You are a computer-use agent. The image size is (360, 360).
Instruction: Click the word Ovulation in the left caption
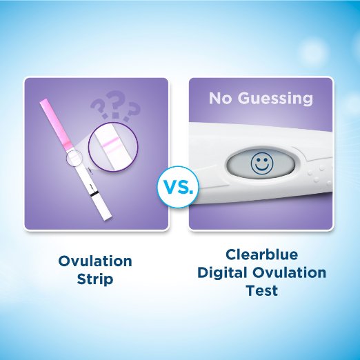[95, 261]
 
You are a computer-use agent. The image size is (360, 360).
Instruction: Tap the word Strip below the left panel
[95, 279]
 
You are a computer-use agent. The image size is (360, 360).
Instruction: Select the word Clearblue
[261, 254]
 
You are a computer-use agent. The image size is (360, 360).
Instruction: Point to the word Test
[261, 290]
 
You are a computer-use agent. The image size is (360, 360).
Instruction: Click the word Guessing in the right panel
[275, 99]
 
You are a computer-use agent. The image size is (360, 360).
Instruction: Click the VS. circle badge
[178, 187]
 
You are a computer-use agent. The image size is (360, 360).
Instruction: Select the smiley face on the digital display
[262, 163]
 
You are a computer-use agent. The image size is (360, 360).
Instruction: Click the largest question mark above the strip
[116, 105]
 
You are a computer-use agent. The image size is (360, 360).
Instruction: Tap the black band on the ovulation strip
[94, 194]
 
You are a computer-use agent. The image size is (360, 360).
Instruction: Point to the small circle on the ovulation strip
[74, 157]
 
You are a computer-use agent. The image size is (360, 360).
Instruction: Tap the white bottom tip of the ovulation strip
[107, 217]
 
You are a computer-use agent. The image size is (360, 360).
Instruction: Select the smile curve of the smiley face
[262, 168]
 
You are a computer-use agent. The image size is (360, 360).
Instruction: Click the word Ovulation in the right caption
[289, 272]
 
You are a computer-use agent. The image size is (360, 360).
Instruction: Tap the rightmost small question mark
[132, 112]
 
